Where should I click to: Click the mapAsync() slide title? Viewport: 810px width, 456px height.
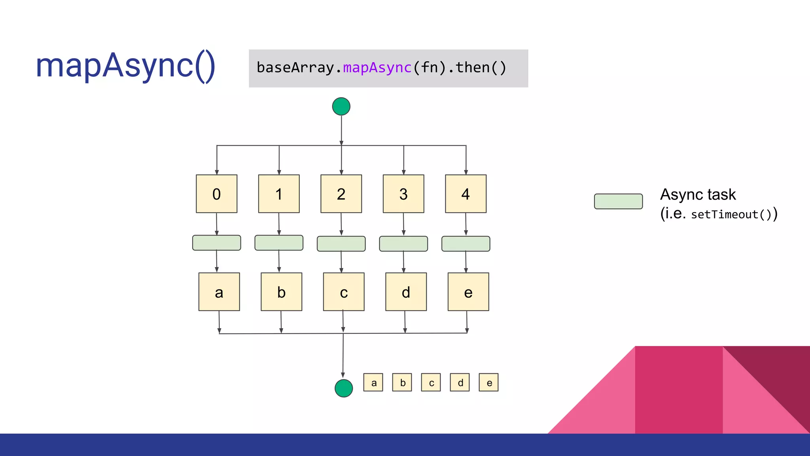(x=125, y=66)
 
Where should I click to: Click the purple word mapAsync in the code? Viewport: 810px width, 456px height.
(x=377, y=68)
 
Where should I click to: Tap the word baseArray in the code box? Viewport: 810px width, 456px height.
(x=295, y=68)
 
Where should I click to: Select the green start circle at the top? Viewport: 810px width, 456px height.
(x=341, y=106)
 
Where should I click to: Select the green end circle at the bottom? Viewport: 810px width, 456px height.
(x=343, y=388)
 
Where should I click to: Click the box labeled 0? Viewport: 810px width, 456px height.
(x=216, y=194)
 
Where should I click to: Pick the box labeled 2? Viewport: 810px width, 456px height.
(x=341, y=194)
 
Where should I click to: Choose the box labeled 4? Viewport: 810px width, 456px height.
(x=466, y=194)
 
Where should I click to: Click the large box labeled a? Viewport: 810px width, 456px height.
(x=219, y=292)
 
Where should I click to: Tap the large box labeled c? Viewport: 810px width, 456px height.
(x=344, y=292)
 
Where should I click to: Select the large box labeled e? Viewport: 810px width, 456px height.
(x=468, y=292)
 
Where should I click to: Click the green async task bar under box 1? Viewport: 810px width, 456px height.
(x=279, y=243)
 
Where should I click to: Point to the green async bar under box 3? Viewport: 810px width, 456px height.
(x=403, y=244)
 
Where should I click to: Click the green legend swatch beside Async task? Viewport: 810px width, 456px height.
(x=618, y=201)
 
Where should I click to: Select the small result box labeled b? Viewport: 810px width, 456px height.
(x=402, y=382)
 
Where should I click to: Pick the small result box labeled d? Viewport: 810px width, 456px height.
(x=460, y=382)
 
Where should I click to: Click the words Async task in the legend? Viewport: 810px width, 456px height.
(x=698, y=195)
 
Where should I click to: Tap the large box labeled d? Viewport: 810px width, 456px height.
(x=406, y=292)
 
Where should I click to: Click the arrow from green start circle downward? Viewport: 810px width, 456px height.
(x=341, y=131)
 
